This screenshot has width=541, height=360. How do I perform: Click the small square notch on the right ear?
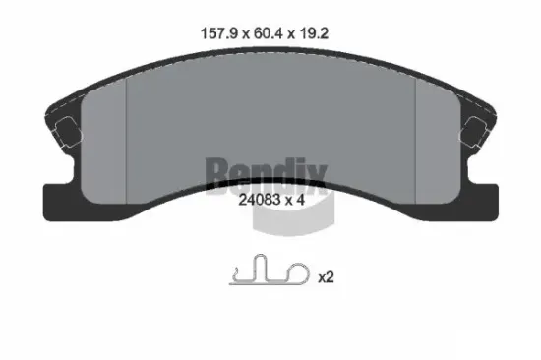473,129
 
